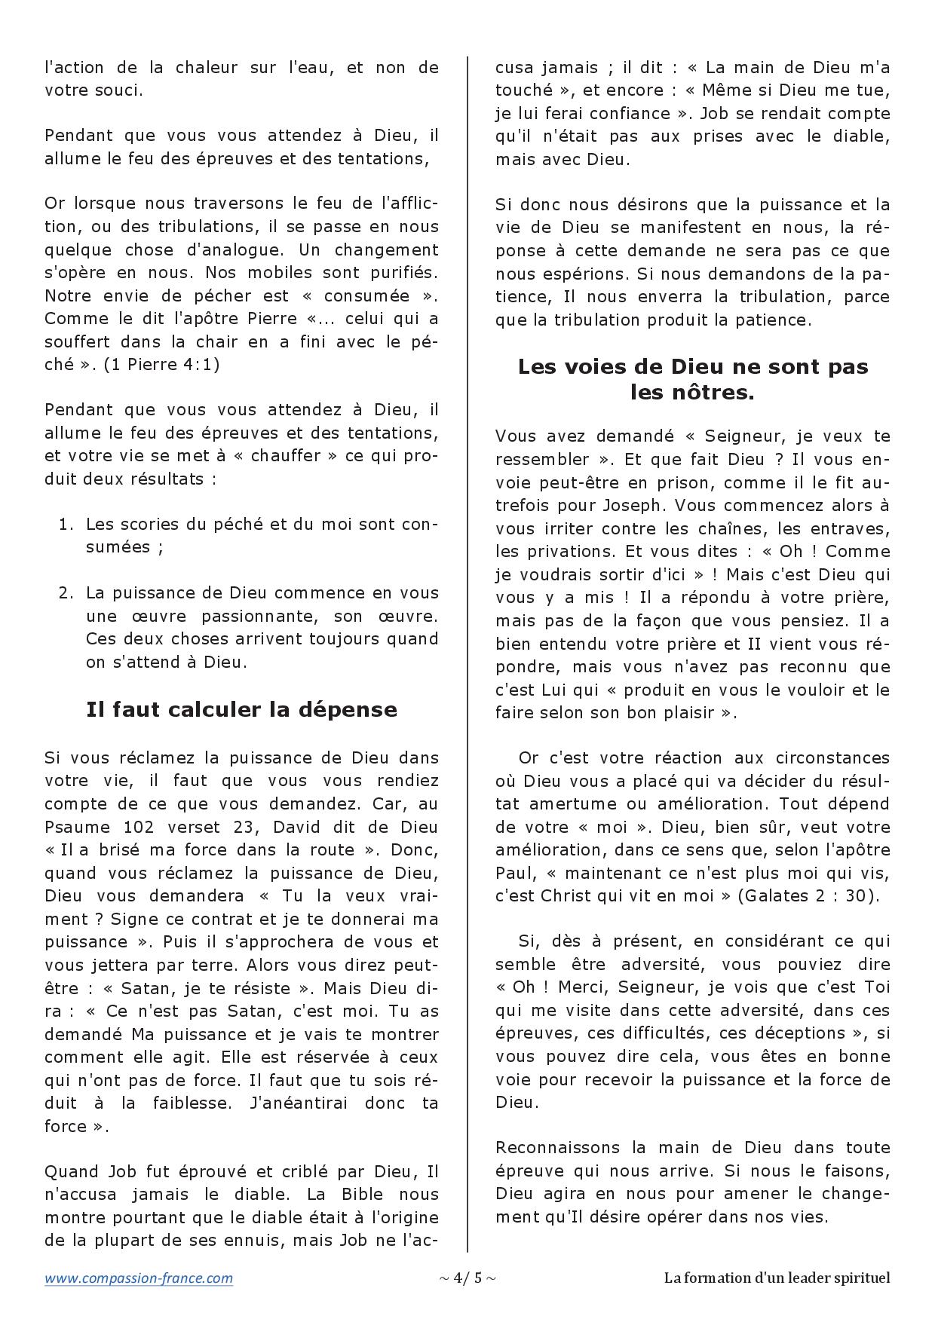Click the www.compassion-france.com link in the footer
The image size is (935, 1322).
pyautogui.click(x=139, y=1278)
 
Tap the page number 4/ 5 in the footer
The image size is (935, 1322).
pyautogui.click(x=467, y=1278)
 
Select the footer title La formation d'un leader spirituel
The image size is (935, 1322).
pyautogui.click(x=777, y=1278)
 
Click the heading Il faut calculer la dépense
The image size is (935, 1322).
pyautogui.click(x=241, y=710)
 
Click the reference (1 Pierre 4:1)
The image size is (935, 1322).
pyautogui.click(x=161, y=364)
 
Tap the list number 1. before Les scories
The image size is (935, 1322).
pyautogui.click(x=66, y=524)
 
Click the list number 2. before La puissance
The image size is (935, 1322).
pyautogui.click(x=66, y=592)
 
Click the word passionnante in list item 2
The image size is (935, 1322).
pyautogui.click(x=257, y=616)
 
